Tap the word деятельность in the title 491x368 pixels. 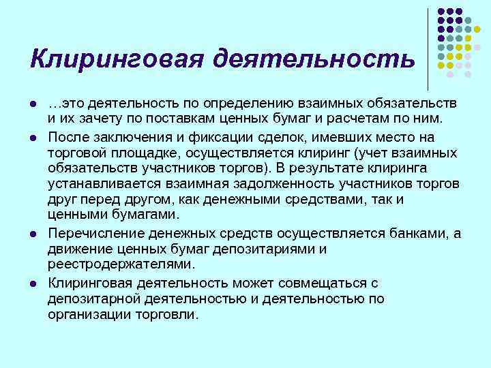(x=313, y=59)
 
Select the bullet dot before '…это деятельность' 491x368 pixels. (x=33, y=104)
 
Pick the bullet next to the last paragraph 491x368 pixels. (x=33, y=283)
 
